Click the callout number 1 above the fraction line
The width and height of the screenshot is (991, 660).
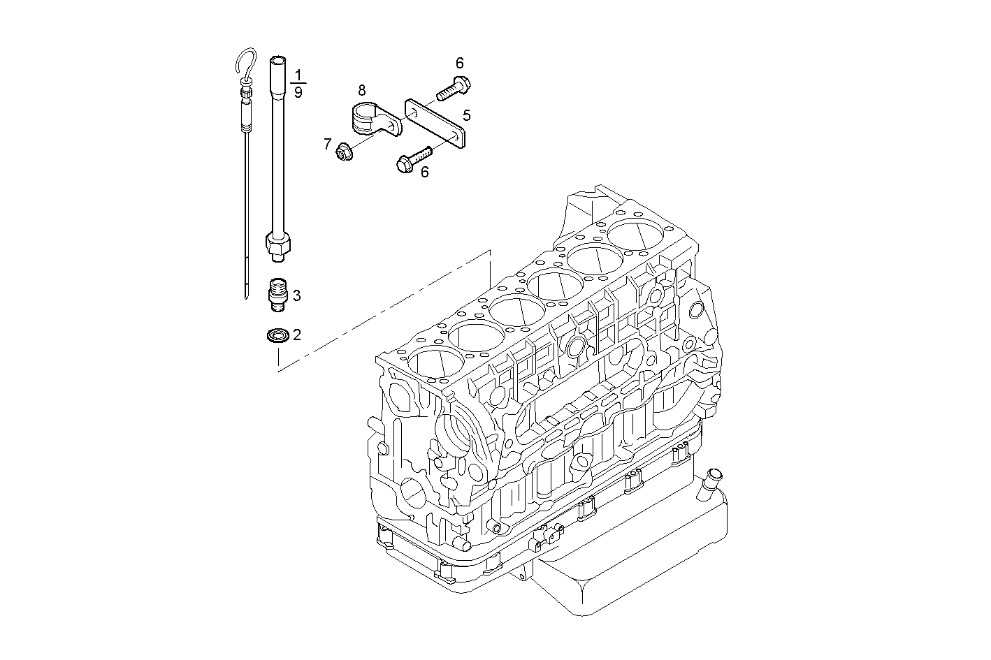(x=298, y=74)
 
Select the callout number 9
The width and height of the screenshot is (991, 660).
(x=298, y=92)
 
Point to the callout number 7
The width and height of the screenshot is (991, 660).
(x=327, y=144)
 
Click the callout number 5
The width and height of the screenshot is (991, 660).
(x=466, y=115)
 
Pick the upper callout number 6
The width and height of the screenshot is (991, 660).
(x=459, y=63)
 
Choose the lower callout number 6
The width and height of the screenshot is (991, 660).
(x=424, y=171)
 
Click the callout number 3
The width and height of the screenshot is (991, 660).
(x=296, y=295)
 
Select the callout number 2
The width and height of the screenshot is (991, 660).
(x=296, y=335)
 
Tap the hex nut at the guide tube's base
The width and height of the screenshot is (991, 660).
(x=277, y=244)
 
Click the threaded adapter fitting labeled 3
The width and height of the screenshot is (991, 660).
(x=278, y=294)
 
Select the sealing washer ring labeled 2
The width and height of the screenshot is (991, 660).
(x=277, y=336)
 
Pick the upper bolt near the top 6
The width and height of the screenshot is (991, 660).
(x=454, y=88)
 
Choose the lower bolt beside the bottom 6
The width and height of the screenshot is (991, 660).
(x=413, y=161)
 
